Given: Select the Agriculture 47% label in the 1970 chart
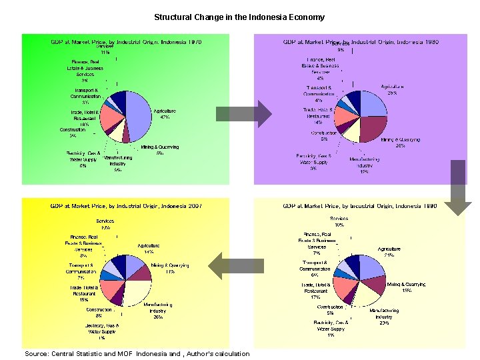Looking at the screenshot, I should [164, 113].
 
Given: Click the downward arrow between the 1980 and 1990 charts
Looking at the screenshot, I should [458, 187].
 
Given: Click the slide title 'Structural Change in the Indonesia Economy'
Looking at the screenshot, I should [239, 17].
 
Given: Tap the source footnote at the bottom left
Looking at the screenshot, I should [137, 353].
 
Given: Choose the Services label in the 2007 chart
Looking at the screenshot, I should [105, 224].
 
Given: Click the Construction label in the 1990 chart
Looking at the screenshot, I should [330, 310].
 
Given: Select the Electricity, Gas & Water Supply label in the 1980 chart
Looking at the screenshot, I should [313, 162].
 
